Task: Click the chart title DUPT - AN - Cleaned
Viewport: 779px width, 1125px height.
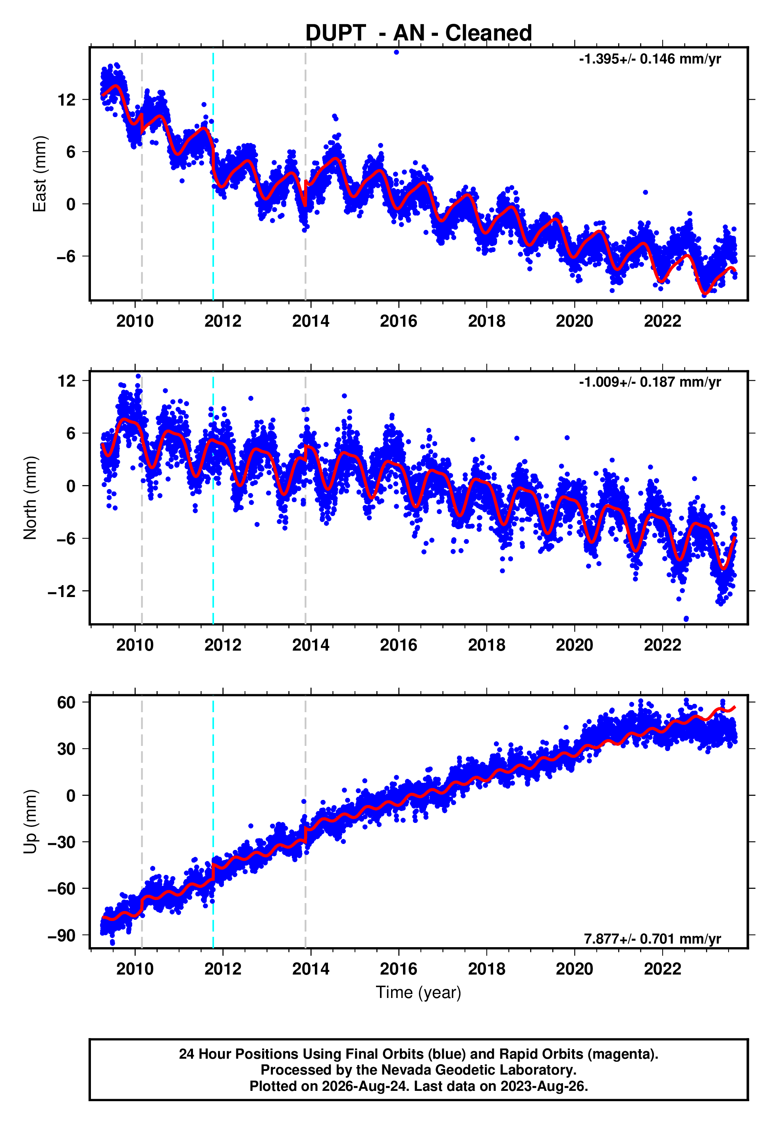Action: click(x=418, y=33)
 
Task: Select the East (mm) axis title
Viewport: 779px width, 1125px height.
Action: click(x=40, y=174)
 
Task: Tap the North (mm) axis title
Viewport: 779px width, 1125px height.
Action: click(x=30, y=498)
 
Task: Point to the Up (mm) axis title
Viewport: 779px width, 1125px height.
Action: click(x=30, y=822)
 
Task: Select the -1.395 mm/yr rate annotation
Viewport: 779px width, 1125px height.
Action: click(x=650, y=59)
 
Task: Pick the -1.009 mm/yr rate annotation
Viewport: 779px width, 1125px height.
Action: click(x=650, y=382)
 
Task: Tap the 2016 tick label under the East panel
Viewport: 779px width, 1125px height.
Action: click(x=399, y=321)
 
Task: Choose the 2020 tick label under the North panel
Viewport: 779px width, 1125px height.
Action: click(x=575, y=645)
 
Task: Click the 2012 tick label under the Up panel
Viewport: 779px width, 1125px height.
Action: click(x=223, y=969)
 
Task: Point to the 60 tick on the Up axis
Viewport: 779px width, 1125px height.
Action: click(x=66, y=703)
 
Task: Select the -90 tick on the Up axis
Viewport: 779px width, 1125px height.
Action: click(x=62, y=935)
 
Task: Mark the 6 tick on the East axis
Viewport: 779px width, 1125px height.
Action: click(x=71, y=152)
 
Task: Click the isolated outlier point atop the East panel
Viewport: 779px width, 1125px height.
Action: click(x=396, y=52)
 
